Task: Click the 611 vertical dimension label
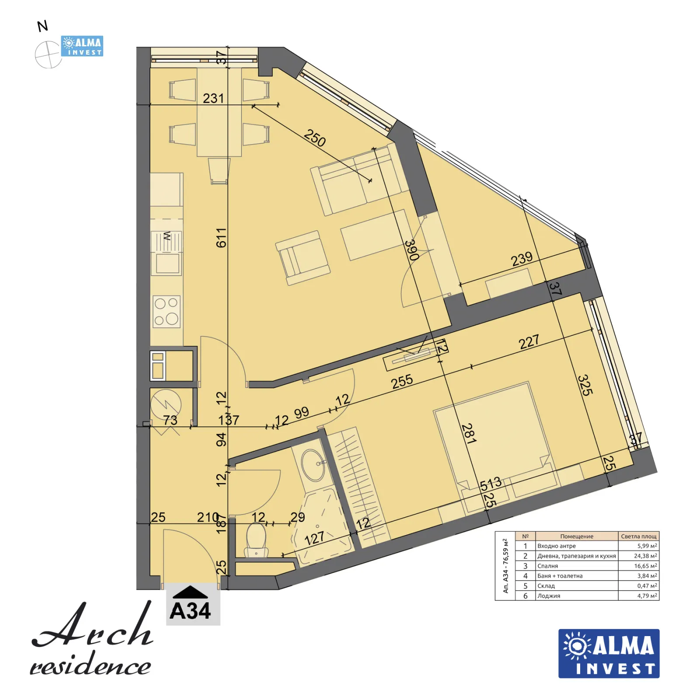[x=221, y=238]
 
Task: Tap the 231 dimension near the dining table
[x=213, y=98]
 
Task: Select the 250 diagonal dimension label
[x=315, y=138]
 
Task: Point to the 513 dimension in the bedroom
[x=491, y=484]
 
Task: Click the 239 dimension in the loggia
[x=522, y=259]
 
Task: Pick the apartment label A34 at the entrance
[x=190, y=610]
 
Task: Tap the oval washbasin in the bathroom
[x=313, y=465]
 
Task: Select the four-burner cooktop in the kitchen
[x=166, y=311]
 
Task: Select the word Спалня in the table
[x=547, y=566]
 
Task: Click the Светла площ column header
[x=638, y=536]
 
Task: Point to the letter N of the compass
[x=42, y=27]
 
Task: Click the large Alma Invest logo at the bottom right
[x=609, y=653]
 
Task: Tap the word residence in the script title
[x=90, y=666]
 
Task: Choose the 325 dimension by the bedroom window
[x=585, y=385]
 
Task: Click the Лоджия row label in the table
[x=549, y=596]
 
